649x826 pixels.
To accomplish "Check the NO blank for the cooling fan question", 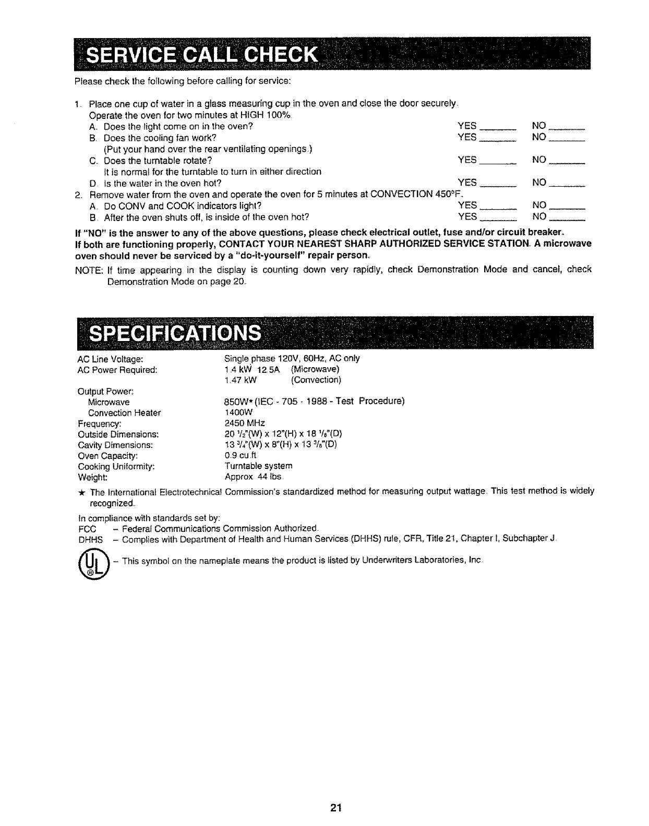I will (x=567, y=139).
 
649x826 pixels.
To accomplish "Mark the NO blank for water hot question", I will (x=567, y=184).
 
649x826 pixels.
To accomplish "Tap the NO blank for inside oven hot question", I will (x=567, y=218).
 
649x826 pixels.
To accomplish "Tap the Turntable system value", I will (x=258, y=466).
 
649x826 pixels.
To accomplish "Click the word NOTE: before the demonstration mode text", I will (x=89, y=270).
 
